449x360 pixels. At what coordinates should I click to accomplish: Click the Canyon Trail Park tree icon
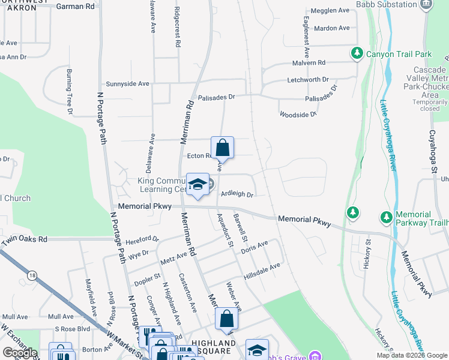[357, 54]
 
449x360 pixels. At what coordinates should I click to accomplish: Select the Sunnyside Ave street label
[127, 84]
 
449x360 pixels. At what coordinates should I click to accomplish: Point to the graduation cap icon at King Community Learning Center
[196, 186]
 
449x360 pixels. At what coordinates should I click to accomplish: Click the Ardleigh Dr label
[238, 194]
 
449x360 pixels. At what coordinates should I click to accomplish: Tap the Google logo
[20, 352]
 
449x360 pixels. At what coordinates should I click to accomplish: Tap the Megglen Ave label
[330, 11]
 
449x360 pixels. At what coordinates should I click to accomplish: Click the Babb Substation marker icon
[427, 4]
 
